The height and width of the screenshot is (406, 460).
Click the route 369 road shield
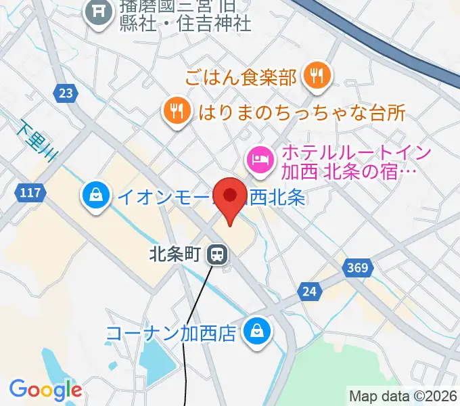tap(359, 268)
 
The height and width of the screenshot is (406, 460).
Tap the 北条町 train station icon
tap(217, 254)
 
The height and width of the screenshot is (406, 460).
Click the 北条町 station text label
tap(175, 254)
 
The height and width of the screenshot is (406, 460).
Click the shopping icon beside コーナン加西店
tap(259, 332)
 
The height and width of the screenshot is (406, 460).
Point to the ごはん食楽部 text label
tap(241, 77)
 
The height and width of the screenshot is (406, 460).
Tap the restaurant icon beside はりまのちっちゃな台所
tap(177, 112)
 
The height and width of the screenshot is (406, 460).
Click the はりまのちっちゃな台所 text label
tap(302, 112)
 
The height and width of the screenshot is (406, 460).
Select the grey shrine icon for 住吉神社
tap(99, 12)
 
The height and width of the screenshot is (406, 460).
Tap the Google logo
tap(45, 390)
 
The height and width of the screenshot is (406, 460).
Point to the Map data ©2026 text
tap(403, 396)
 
